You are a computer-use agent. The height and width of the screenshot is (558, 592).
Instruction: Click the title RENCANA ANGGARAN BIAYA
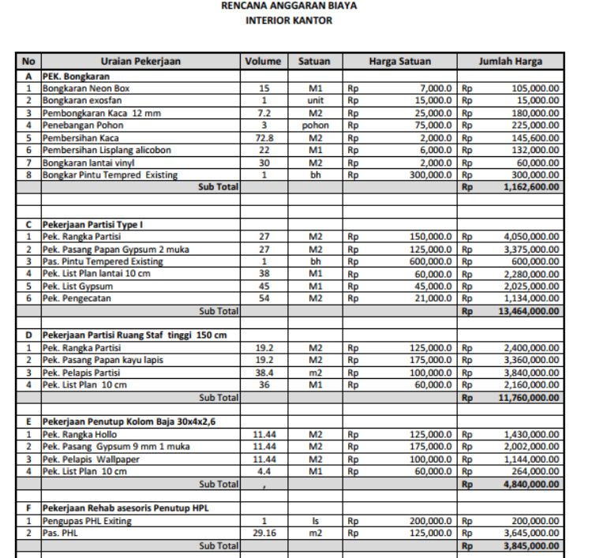pyautogui.click(x=289, y=6)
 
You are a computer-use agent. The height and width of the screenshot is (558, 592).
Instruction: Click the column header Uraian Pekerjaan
pyautogui.click(x=140, y=61)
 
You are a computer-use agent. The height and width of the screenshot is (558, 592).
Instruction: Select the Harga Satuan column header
pyautogui.click(x=399, y=61)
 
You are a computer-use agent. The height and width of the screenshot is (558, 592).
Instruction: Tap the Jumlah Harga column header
pyautogui.click(x=510, y=61)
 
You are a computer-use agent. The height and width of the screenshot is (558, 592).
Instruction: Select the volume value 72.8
pyautogui.click(x=264, y=137)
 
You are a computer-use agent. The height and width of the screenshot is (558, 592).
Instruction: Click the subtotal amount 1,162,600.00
pyautogui.click(x=528, y=187)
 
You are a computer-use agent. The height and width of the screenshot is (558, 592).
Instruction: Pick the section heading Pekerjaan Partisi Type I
pyautogui.click(x=92, y=224)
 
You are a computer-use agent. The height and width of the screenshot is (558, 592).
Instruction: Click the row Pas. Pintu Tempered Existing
pyautogui.click(x=103, y=261)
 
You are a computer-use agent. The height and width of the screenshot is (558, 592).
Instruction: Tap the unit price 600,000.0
pyautogui.click(x=425, y=261)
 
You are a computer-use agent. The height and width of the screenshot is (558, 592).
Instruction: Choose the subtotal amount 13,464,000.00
pyautogui.click(x=526, y=311)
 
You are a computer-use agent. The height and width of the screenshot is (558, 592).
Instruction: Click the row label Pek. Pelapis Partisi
pyautogui.click(x=81, y=372)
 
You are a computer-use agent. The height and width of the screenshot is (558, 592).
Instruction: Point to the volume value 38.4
pyautogui.click(x=264, y=372)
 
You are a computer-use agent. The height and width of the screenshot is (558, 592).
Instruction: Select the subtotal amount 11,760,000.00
pyautogui.click(x=526, y=397)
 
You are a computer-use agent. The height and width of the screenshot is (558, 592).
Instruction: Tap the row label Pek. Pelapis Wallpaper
pyautogui.click(x=88, y=459)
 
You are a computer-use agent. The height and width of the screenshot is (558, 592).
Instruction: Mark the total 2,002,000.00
pyautogui.click(x=531, y=447)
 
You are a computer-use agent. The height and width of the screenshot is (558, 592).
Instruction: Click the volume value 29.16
pyautogui.click(x=264, y=533)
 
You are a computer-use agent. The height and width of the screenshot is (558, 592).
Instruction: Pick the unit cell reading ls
pyautogui.click(x=315, y=521)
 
